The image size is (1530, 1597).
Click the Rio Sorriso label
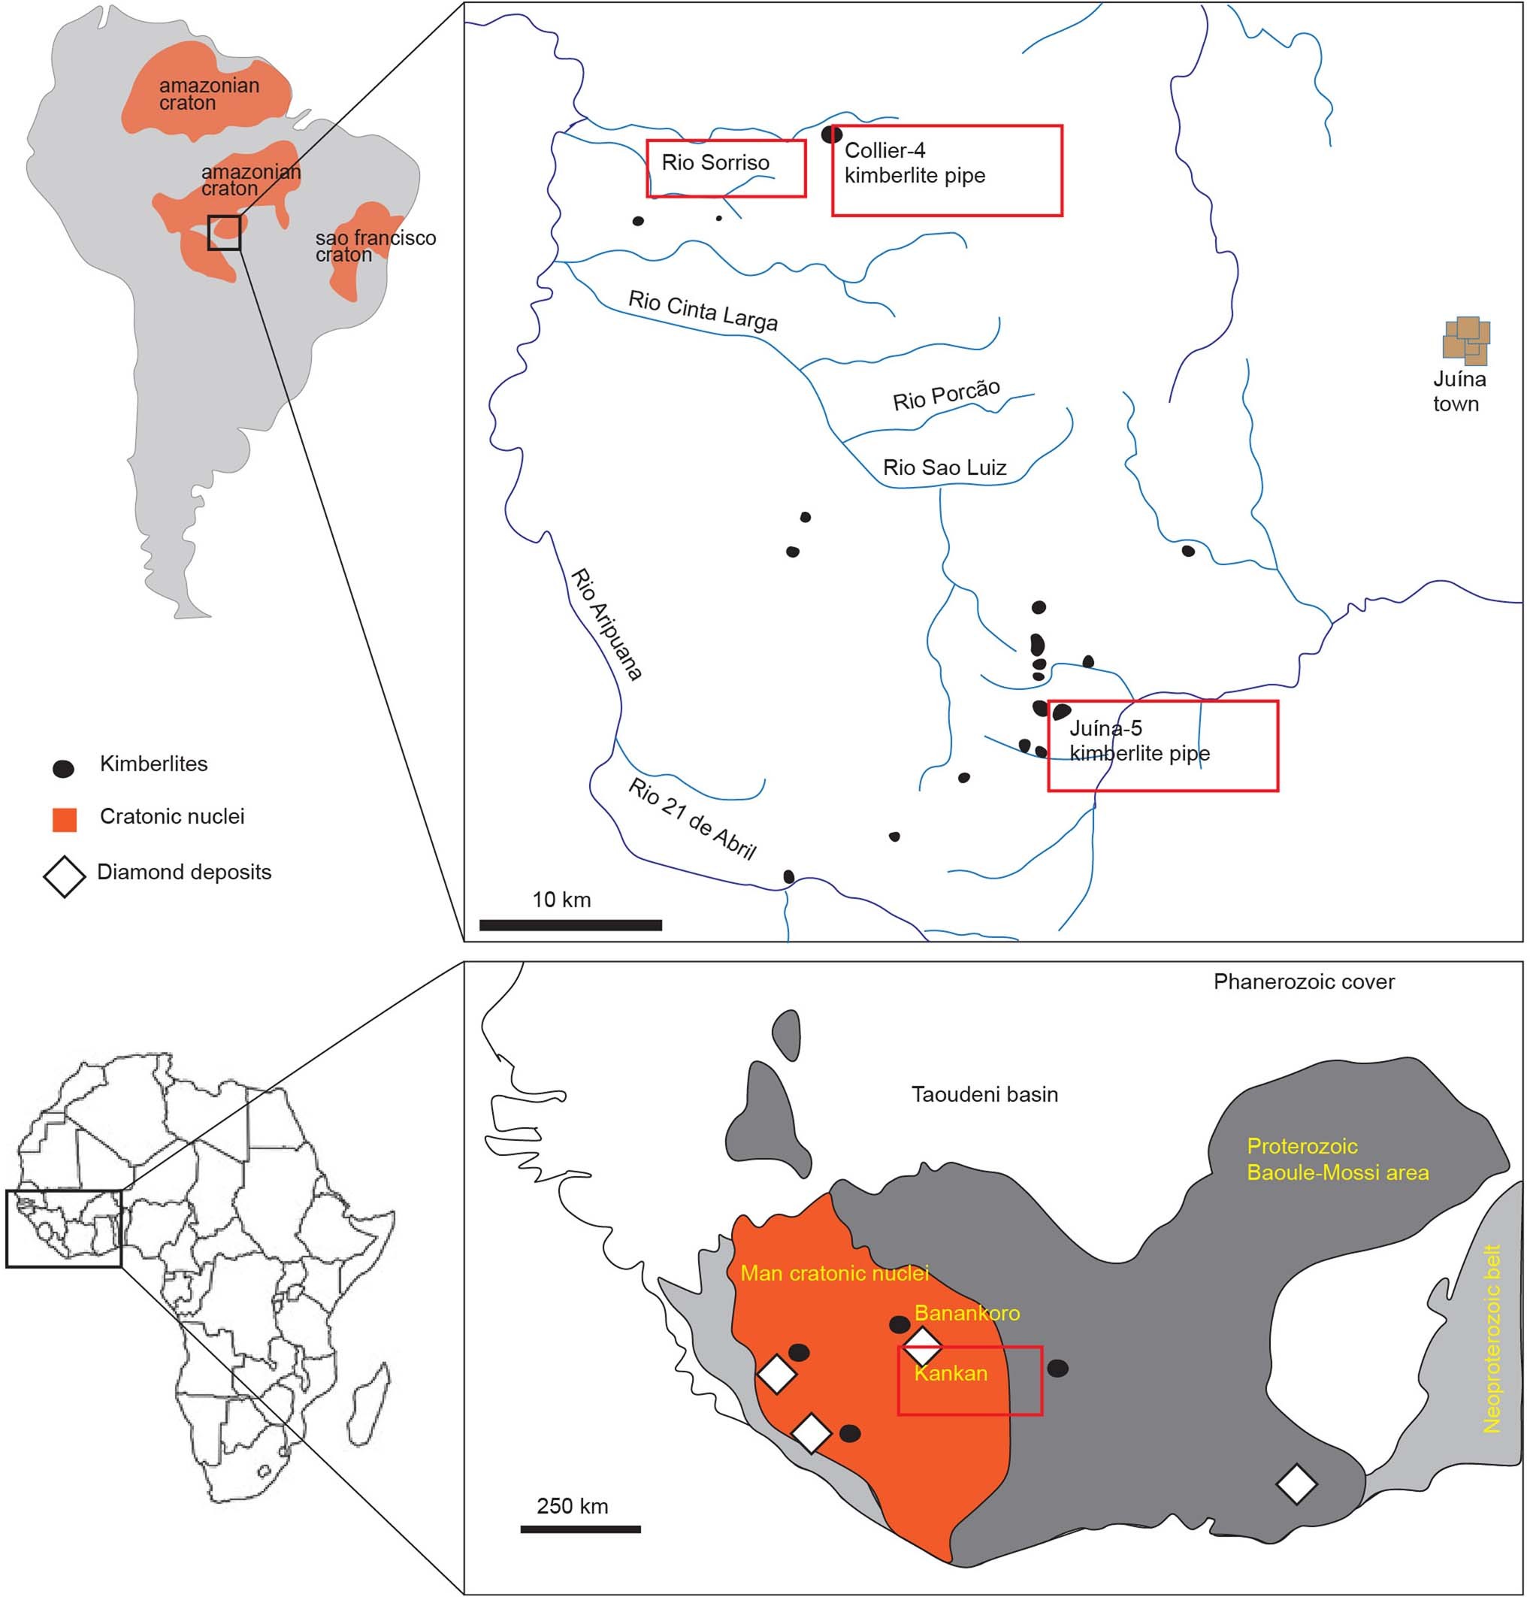[715, 163]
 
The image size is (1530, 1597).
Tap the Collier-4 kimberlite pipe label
[914, 163]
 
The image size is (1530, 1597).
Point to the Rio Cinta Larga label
[703, 311]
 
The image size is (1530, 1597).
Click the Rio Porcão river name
[946, 395]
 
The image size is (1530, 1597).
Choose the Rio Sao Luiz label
[945, 467]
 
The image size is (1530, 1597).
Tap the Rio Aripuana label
[606, 624]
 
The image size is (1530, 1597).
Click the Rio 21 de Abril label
[691, 818]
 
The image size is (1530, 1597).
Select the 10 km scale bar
[570, 925]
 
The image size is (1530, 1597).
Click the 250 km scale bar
[580, 1529]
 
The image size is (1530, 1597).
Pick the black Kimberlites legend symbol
[64, 768]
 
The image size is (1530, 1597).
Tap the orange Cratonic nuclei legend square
[65, 820]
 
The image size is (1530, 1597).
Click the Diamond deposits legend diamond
[65, 876]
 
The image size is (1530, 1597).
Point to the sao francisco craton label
[376, 246]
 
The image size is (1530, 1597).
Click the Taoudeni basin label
[984, 1094]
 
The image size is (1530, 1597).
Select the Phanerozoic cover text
[1304, 981]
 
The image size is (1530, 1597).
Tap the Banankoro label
[967, 1313]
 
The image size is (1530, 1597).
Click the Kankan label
[951, 1373]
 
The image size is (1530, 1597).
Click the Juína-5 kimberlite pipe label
[1139, 741]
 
